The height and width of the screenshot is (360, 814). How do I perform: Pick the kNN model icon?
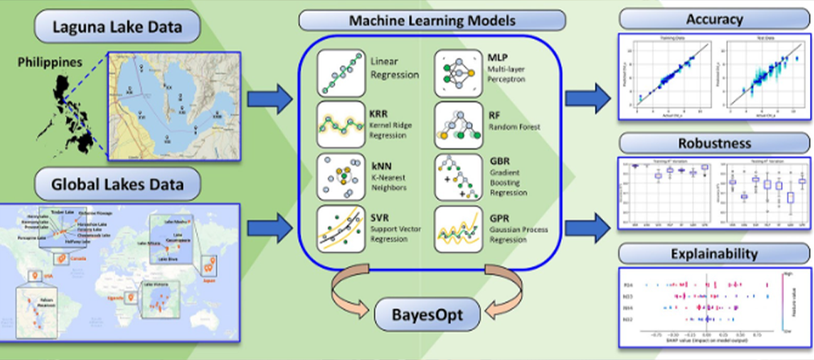coord(342,174)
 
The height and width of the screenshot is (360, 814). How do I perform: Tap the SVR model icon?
coord(342,226)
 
